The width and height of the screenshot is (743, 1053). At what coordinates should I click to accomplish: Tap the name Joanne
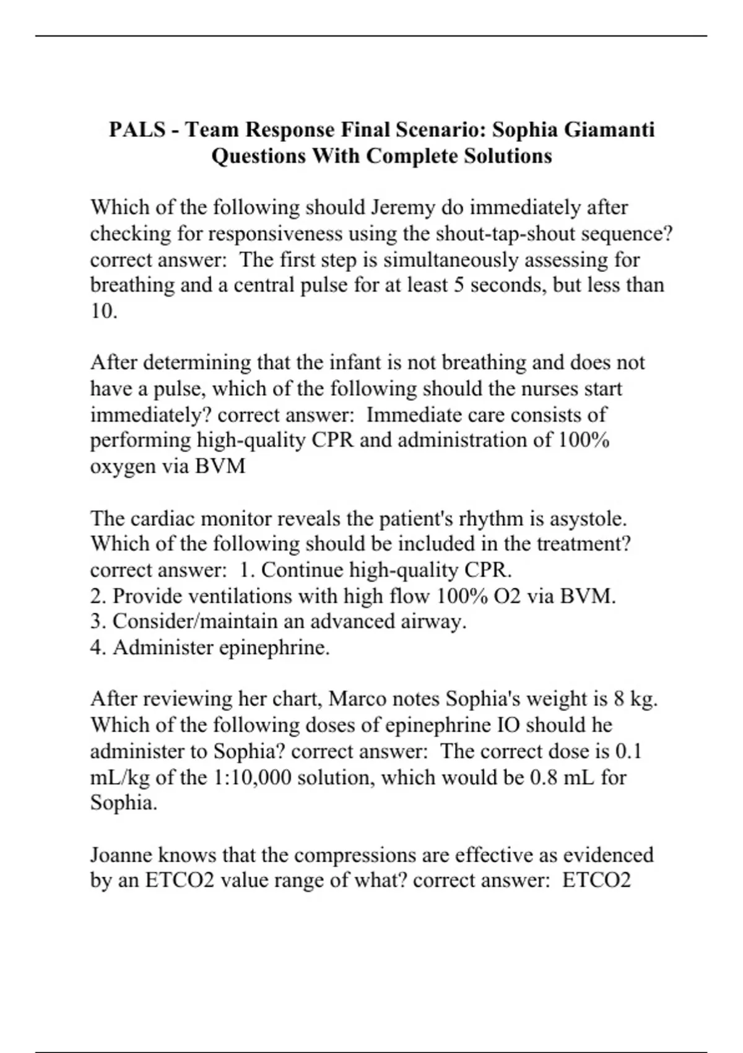point(121,855)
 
